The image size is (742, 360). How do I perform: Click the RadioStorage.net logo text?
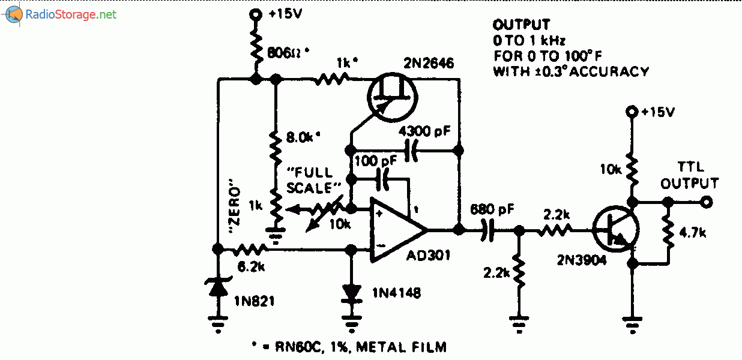tap(70, 14)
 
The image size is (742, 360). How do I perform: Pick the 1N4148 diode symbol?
tap(351, 292)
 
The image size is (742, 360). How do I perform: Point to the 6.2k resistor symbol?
tap(251, 249)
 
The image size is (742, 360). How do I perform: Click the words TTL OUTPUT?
tap(690, 175)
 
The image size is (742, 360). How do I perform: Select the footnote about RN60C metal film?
tap(350, 346)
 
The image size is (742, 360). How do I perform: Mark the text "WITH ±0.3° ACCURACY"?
tap(570, 71)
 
